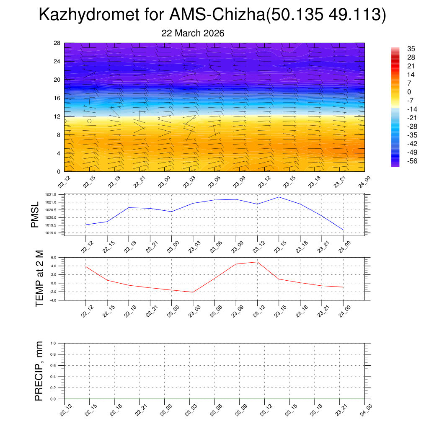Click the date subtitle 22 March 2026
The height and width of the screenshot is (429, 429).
(x=193, y=33)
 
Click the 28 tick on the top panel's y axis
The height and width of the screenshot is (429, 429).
(x=57, y=43)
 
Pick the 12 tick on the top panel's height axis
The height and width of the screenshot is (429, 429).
(x=57, y=116)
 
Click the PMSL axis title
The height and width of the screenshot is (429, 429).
(x=35, y=214)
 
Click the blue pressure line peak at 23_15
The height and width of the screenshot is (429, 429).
(x=279, y=197)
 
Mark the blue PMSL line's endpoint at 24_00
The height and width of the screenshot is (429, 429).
(x=344, y=230)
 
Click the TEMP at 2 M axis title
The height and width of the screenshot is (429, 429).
(x=39, y=279)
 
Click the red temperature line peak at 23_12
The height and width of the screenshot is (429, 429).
(x=257, y=262)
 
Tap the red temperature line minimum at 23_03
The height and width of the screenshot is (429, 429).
(x=193, y=292)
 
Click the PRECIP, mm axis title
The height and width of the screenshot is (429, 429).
(x=39, y=371)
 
